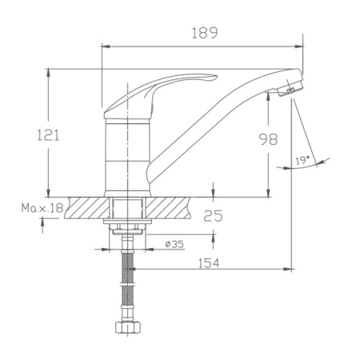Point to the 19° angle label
pos(302,161)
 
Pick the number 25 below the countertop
pos(213,215)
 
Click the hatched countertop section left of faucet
pos(87,206)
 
